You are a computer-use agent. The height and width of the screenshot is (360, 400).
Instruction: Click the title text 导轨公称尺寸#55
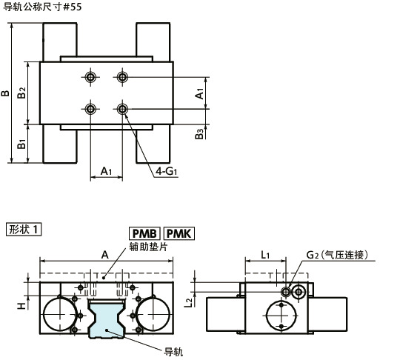(x=42, y=7)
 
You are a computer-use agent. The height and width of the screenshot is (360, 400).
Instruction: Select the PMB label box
(x=144, y=233)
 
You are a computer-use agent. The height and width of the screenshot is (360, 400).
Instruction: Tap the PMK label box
(x=179, y=233)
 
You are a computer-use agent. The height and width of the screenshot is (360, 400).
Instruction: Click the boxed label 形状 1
(x=24, y=230)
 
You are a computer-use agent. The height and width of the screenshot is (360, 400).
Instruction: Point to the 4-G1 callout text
(x=167, y=171)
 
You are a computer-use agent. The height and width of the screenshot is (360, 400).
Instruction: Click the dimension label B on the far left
(x=5, y=93)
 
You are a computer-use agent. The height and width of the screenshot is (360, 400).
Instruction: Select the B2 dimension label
(x=21, y=93)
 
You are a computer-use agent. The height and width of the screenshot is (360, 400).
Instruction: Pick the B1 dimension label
(x=21, y=144)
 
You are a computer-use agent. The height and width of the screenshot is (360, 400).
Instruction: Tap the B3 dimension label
(x=200, y=133)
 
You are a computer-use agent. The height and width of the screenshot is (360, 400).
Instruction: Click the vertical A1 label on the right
(x=200, y=93)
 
